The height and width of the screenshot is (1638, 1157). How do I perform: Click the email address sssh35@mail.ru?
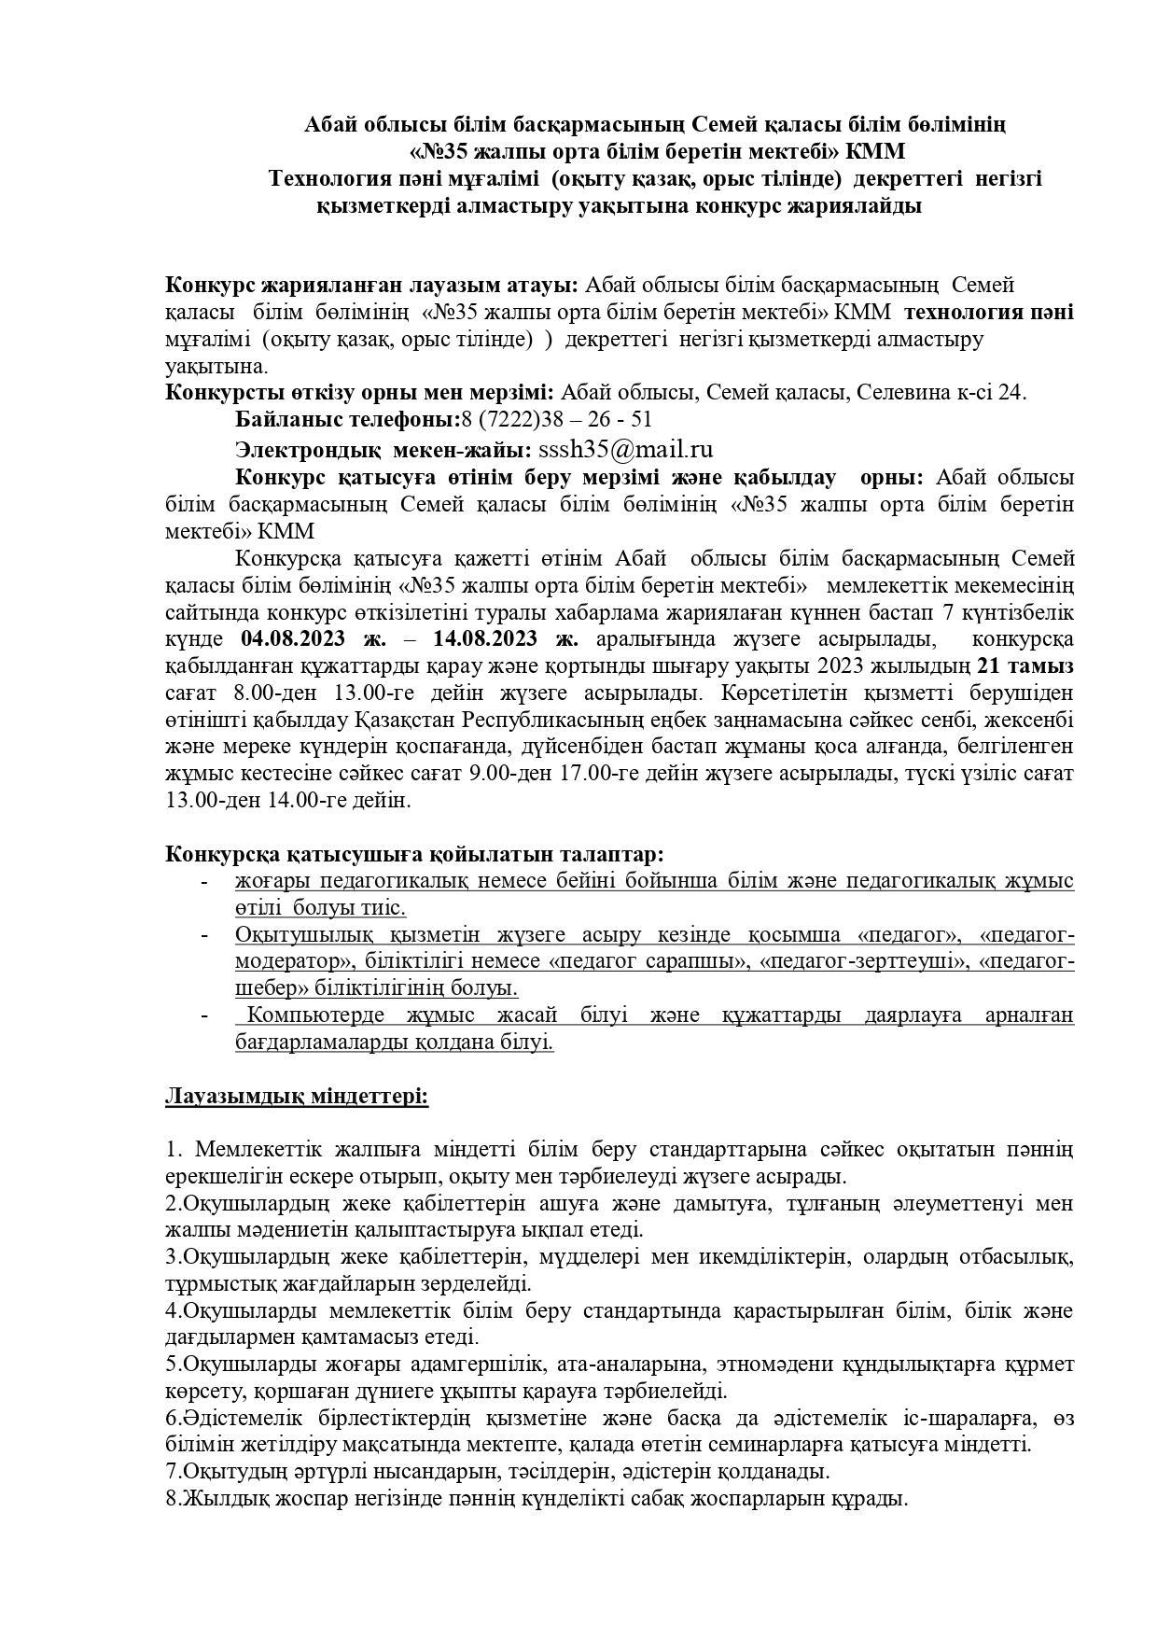point(625,449)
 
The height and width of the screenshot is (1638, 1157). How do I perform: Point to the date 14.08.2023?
point(485,639)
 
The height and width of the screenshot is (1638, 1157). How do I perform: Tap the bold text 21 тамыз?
point(1025,666)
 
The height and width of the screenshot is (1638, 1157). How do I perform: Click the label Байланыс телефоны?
point(347,419)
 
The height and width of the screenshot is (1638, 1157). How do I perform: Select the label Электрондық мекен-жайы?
point(383,449)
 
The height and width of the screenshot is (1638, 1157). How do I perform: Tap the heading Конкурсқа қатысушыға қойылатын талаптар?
point(415,854)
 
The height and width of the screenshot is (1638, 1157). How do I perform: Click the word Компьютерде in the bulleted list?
point(317,1015)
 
